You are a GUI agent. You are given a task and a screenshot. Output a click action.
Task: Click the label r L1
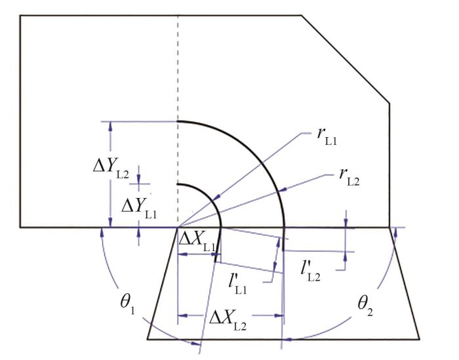pos(327,138)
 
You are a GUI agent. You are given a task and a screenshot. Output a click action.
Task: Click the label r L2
pos(349,178)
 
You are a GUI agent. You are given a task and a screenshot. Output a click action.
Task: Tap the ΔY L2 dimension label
pos(111,169)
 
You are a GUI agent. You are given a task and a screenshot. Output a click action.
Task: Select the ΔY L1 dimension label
pos(139,210)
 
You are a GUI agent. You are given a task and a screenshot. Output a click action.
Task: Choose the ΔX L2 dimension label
pos(228,321)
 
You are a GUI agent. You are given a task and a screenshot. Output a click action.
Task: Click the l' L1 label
pos(237,285)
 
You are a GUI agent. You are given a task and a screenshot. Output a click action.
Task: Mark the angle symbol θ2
pos(365,306)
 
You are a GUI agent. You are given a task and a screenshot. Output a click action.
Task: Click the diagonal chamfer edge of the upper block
pos(346,59)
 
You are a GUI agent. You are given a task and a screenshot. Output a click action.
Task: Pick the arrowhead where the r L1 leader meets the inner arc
pos(215,198)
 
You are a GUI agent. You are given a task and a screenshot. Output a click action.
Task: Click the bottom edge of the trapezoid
pos(283,339)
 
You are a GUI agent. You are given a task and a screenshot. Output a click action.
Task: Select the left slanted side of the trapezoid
pos(162,283)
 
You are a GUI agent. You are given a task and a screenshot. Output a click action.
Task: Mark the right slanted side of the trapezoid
pos(405,283)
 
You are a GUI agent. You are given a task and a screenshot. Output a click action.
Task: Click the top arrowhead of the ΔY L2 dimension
pos(110,125)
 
